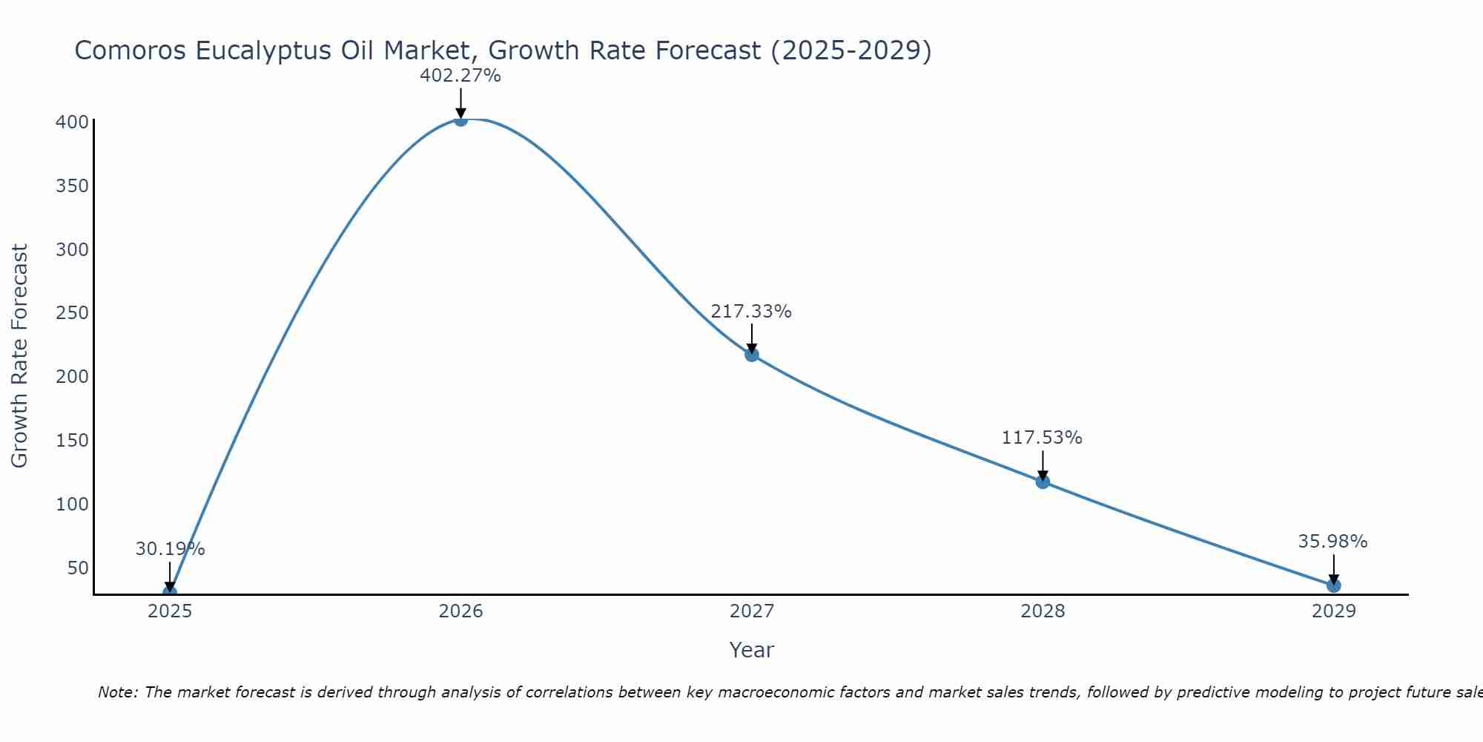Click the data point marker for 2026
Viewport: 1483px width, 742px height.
point(460,119)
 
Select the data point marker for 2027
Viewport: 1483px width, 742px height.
point(751,355)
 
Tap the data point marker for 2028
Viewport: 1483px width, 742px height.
point(1043,482)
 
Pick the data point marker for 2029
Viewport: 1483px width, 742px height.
point(1333,585)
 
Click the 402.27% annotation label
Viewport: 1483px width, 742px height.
point(460,76)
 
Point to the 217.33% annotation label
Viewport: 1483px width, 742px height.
point(751,312)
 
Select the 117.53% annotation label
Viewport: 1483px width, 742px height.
point(1042,438)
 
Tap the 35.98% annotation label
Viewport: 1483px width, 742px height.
point(1332,542)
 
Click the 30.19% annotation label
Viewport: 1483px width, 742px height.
point(170,549)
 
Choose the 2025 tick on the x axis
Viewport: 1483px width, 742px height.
point(170,611)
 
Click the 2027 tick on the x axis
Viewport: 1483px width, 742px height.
point(751,611)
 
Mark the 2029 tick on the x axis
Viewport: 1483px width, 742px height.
point(1333,611)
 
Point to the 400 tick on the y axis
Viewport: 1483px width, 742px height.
point(72,122)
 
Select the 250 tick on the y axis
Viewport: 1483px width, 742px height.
point(72,312)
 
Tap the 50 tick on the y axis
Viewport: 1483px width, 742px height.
point(77,568)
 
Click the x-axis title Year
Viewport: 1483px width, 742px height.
point(751,650)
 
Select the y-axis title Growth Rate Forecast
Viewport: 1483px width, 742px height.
point(20,355)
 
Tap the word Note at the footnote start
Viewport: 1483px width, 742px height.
point(117,692)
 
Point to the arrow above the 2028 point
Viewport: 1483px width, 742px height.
point(1043,465)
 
